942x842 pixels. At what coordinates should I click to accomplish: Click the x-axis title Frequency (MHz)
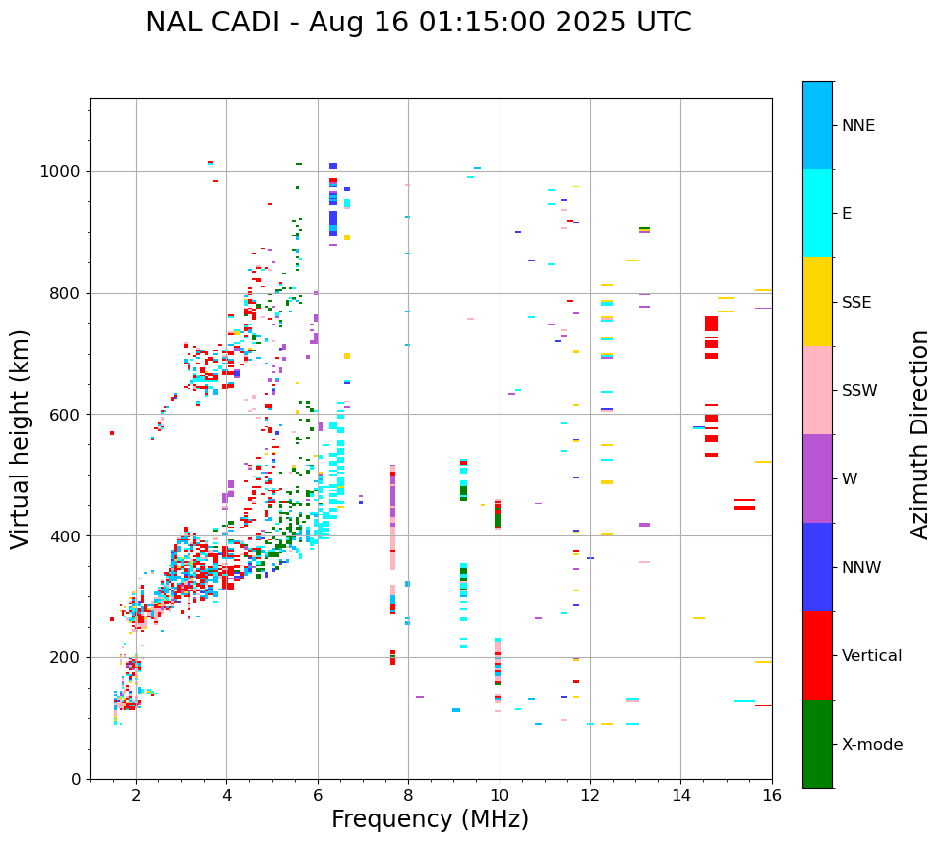point(430,819)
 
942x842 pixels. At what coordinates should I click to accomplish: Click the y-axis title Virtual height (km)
point(21,439)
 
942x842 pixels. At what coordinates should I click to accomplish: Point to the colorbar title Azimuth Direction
point(919,434)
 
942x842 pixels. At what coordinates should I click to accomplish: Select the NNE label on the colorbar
point(857,126)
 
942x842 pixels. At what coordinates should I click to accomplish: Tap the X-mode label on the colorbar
point(871,745)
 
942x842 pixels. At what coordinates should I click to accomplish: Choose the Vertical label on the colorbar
point(871,656)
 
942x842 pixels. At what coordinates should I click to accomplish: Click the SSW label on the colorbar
point(859,391)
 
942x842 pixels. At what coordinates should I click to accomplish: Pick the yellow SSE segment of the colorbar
point(817,302)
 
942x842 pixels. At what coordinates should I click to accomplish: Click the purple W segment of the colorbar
point(817,478)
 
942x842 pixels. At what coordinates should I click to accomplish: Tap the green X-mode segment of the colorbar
point(817,744)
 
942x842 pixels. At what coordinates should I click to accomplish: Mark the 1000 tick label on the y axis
point(62,172)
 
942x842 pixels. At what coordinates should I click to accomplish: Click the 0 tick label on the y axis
point(77,779)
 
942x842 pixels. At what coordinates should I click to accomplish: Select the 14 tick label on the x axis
point(680,795)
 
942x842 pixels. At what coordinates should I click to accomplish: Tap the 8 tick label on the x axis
point(408,795)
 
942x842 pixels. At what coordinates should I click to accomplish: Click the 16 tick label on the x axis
point(771,795)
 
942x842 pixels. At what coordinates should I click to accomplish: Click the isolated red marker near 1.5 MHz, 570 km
point(112,433)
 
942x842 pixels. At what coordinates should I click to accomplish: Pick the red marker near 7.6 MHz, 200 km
point(392,657)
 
